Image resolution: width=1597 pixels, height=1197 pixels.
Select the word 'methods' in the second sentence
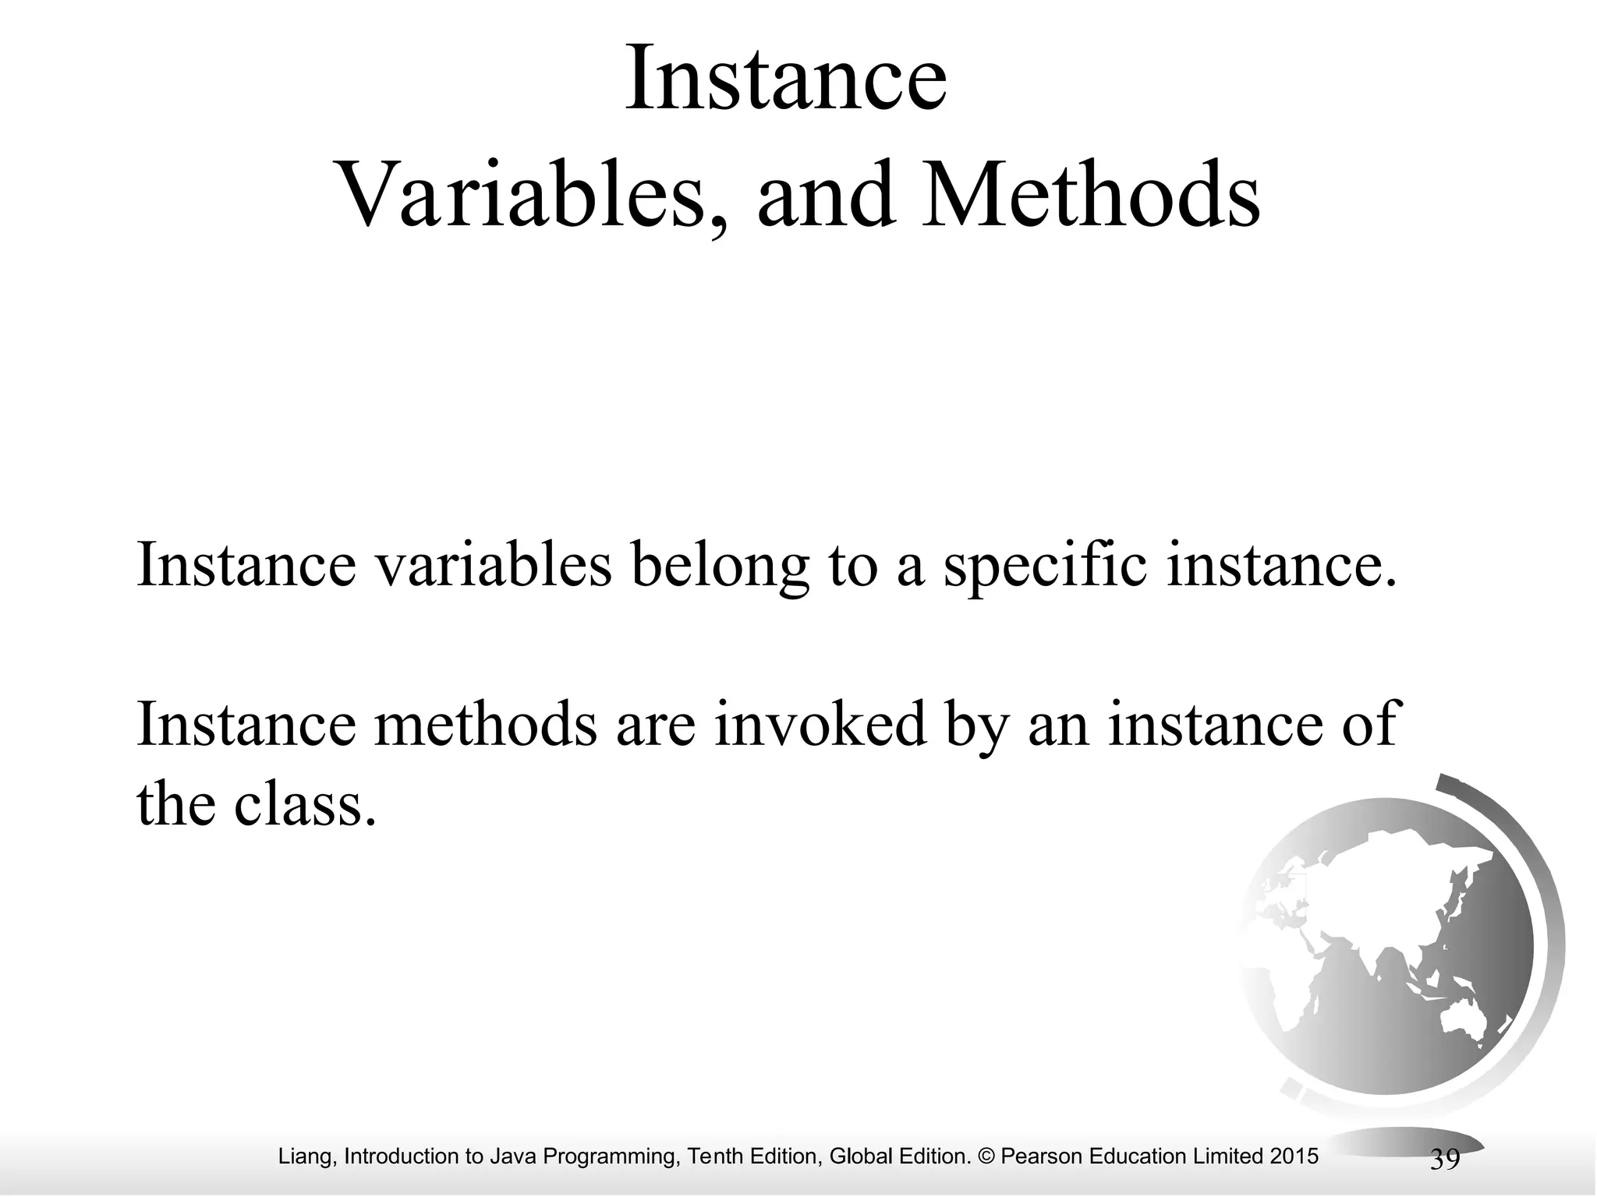(x=484, y=723)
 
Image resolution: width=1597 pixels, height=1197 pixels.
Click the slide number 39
(x=1445, y=1160)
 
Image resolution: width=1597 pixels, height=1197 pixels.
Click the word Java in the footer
(x=514, y=1156)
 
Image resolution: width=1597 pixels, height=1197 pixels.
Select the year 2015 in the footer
(x=1294, y=1156)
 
